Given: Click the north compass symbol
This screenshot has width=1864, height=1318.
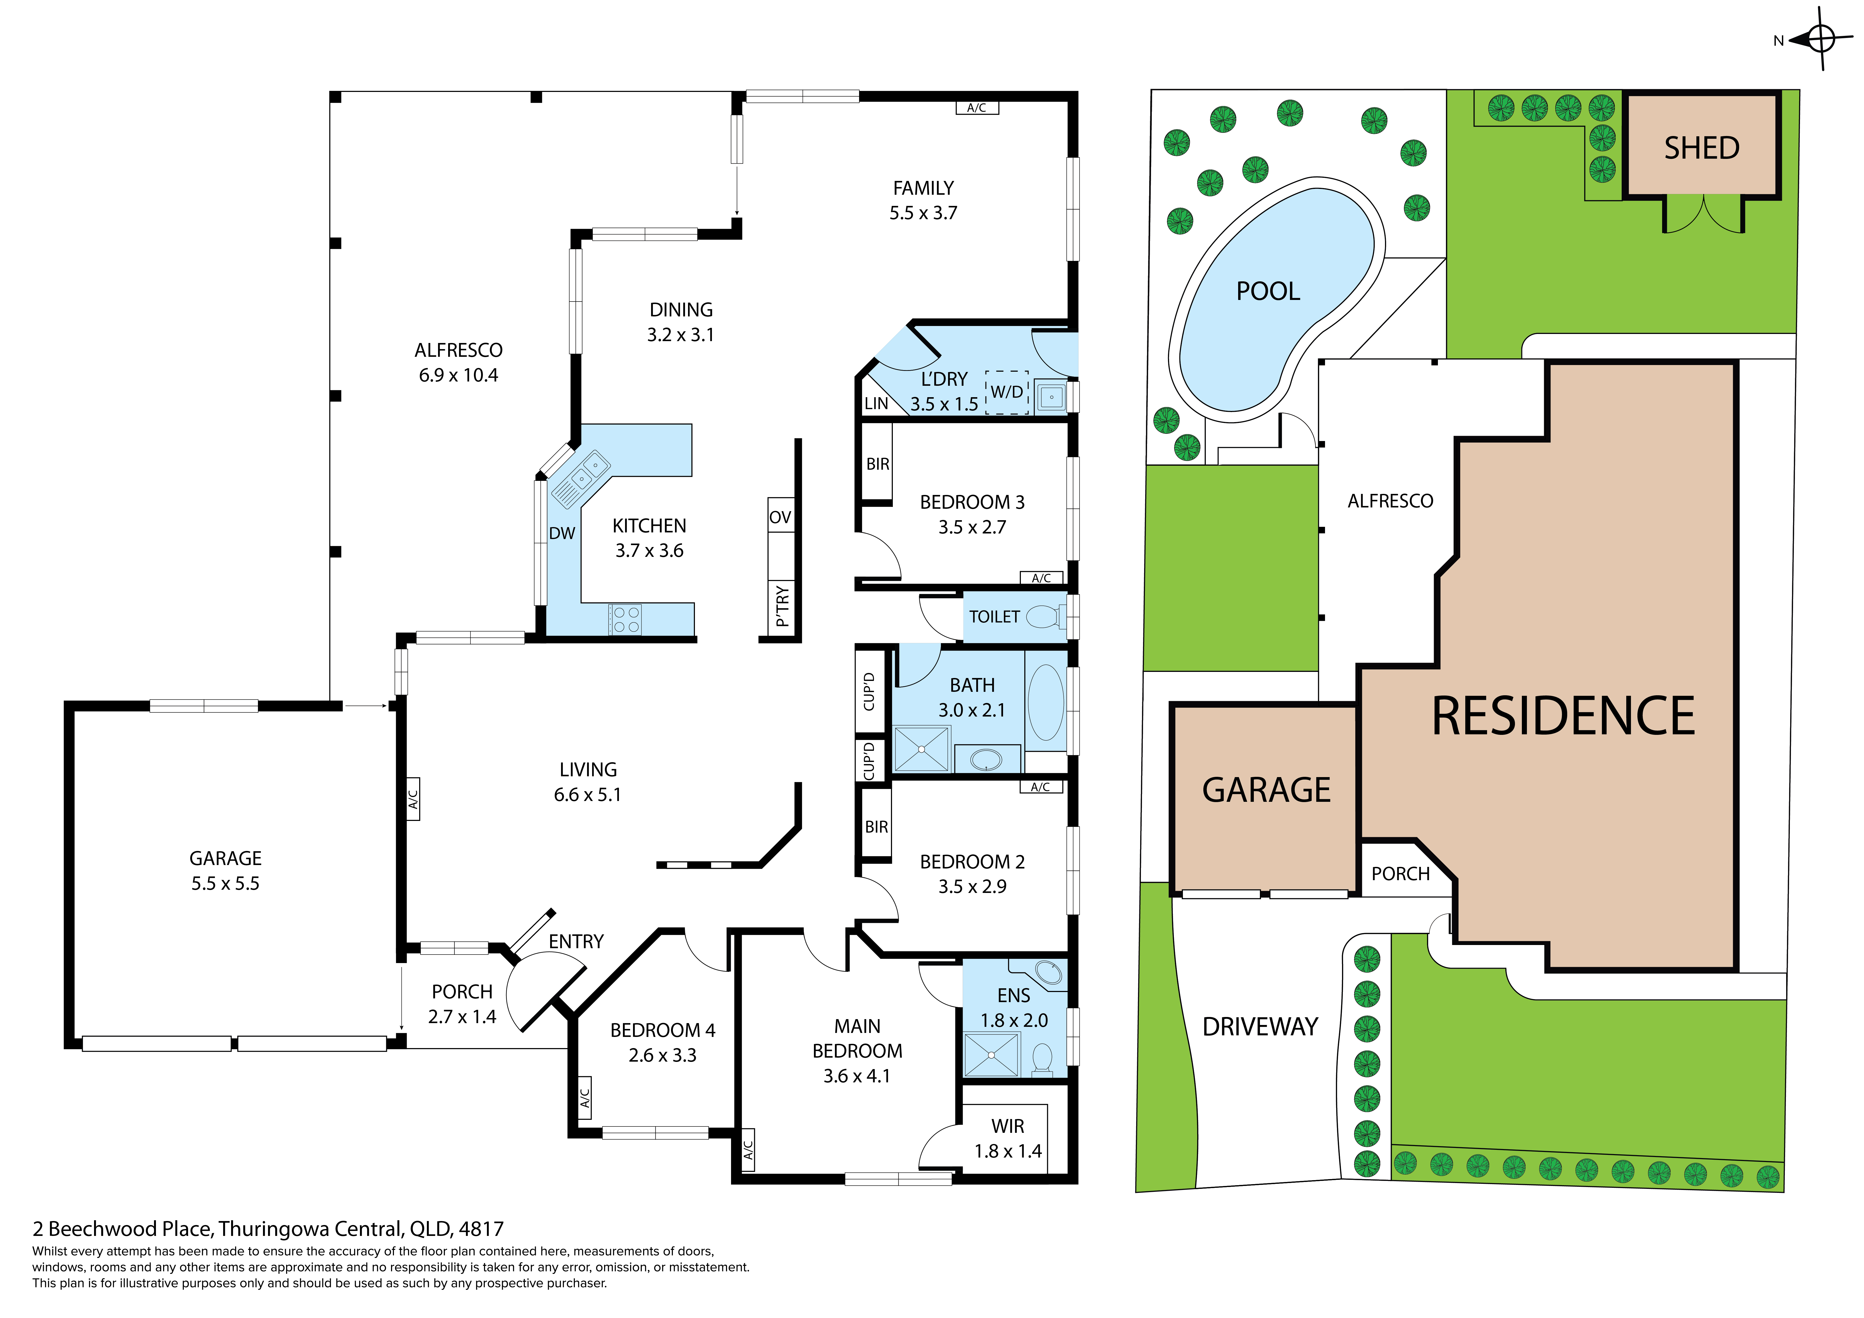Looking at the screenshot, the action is [x=1822, y=38].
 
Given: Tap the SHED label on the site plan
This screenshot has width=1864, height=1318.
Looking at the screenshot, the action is [x=1702, y=148].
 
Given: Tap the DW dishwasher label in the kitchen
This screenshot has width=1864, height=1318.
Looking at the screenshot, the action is [x=562, y=533].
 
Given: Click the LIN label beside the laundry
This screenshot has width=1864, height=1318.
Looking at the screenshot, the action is [x=876, y=404].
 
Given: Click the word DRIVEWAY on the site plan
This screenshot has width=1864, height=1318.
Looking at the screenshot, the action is [x=1260, y=1027].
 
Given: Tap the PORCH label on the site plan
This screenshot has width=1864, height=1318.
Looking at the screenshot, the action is [x=1400, y=874].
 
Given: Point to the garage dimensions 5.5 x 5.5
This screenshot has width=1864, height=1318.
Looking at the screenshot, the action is [x=226, y=884].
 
